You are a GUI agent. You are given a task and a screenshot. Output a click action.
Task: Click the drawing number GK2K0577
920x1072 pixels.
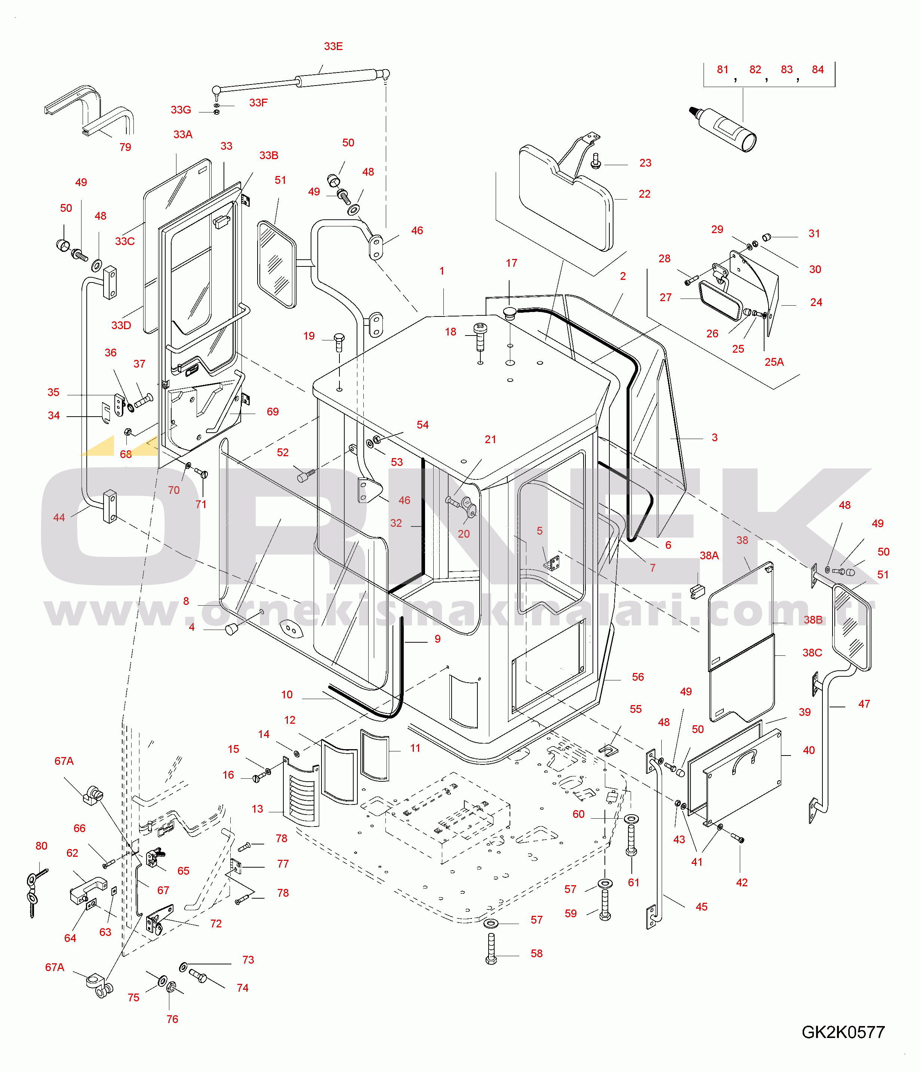(843, 1032)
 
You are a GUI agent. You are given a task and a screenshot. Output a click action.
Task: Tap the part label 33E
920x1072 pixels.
(333, 47)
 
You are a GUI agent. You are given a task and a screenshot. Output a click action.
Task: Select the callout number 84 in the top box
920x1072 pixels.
(818, 70)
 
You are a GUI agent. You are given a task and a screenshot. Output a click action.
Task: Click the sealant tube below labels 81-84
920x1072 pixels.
(725, 127)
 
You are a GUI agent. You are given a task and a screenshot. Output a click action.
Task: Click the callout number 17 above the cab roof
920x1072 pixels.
(511, 263)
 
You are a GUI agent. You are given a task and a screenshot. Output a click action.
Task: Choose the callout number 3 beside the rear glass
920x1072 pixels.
(714, 438)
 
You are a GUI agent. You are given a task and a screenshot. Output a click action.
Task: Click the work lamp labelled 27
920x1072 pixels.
(720, 300)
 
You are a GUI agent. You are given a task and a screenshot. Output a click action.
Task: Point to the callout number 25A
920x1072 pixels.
(774, 362)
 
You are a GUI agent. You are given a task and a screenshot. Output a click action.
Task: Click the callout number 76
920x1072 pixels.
(172, 1019)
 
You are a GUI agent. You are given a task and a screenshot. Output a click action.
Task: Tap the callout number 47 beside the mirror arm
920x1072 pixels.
(864, 704)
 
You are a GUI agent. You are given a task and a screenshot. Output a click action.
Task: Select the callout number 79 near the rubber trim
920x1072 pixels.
(125, 148)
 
